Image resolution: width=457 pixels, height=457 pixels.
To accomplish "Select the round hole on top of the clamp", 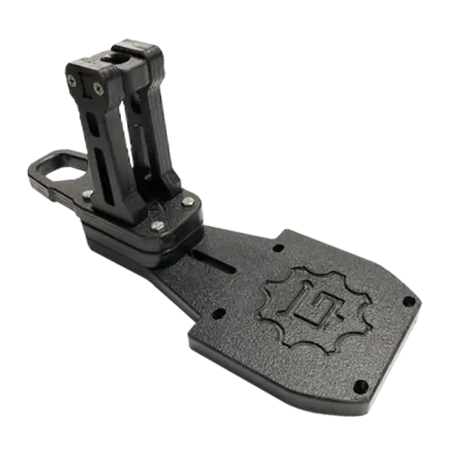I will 106,56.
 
